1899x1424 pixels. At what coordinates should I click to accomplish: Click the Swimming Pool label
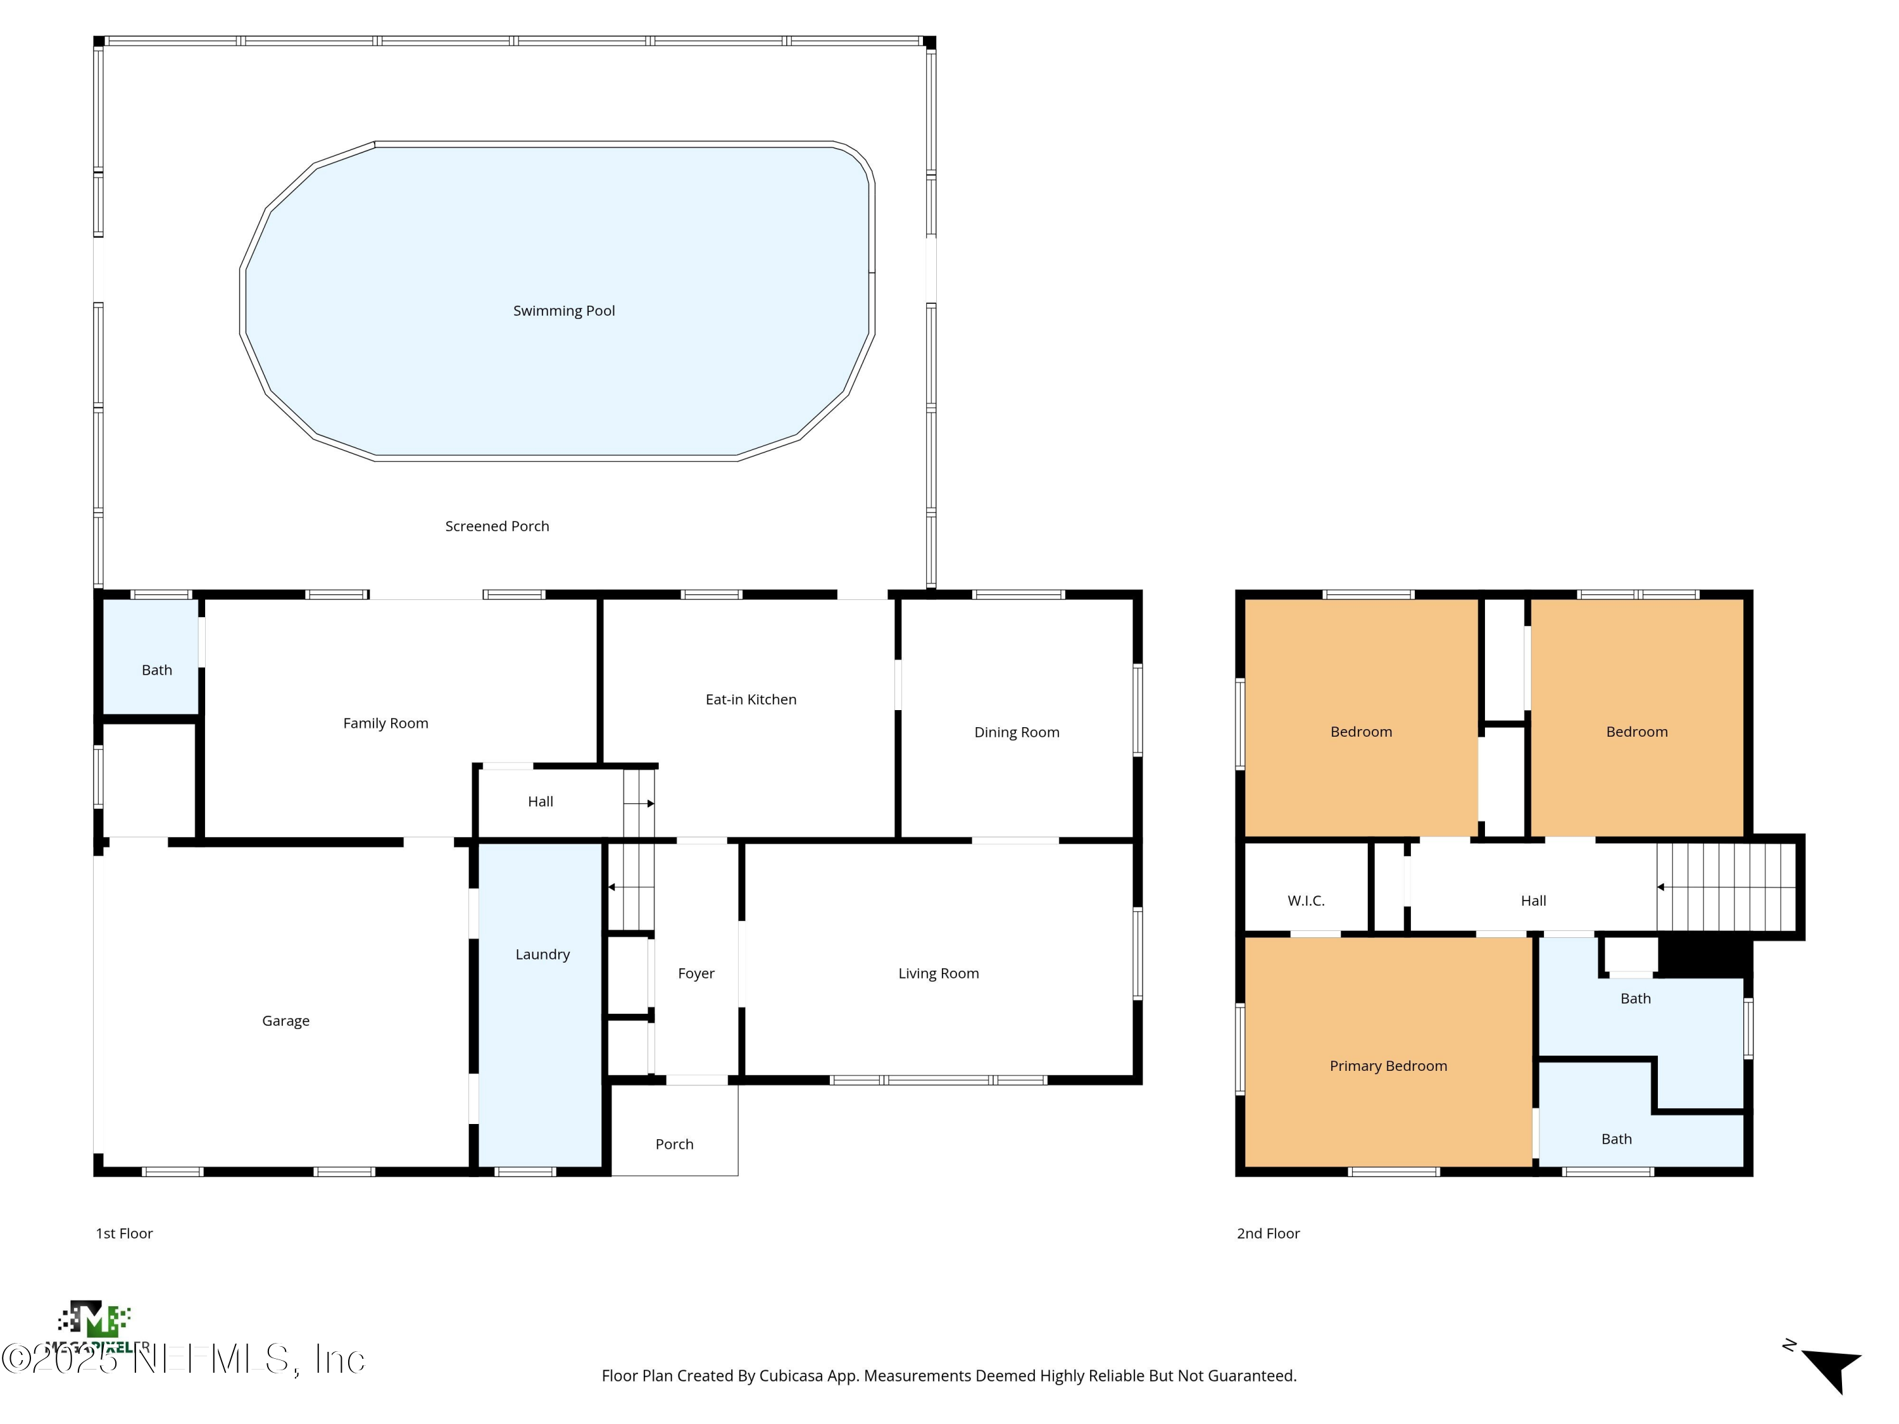564,311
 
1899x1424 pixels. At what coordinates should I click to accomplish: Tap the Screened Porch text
497,526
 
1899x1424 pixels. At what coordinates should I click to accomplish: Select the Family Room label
385,723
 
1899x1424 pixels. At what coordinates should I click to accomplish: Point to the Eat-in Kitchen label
750,699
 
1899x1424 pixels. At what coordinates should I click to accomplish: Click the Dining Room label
1017,732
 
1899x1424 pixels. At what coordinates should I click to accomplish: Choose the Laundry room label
542,954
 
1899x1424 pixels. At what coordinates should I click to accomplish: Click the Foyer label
696,973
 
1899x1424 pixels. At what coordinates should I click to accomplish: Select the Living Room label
938,973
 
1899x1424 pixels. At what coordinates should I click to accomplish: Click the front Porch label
674,1144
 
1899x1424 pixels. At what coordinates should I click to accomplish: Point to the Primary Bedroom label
1388,1066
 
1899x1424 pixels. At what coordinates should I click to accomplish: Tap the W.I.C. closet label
1306,901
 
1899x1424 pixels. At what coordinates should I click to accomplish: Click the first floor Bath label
156,670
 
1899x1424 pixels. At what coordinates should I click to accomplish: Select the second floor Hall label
1533,901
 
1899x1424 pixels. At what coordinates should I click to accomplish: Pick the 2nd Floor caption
1268,1234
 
